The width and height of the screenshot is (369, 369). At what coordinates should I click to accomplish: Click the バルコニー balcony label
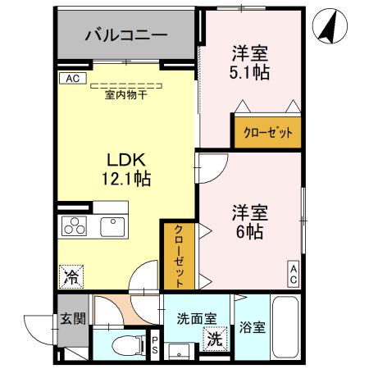click(x=127, y=36)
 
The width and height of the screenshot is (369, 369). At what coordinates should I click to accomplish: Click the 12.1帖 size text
click(x=125, y=177)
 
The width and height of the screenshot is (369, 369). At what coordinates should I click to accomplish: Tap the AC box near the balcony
click(x=71, y=79)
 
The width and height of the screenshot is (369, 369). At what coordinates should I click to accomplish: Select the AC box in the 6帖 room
click(x=293, y=274)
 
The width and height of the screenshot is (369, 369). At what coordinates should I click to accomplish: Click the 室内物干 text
click(x=125, y=94)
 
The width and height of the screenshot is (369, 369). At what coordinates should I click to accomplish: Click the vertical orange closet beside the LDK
click(x=179, y=254)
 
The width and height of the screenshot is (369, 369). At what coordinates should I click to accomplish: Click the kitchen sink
click(x=110, y=225)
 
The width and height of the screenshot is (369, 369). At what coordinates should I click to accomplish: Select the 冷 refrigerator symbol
click(x=71, y=278)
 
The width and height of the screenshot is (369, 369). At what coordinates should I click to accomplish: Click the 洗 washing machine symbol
click(x=213, y=337)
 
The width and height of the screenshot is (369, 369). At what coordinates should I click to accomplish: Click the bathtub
click(x=287, y=328)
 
